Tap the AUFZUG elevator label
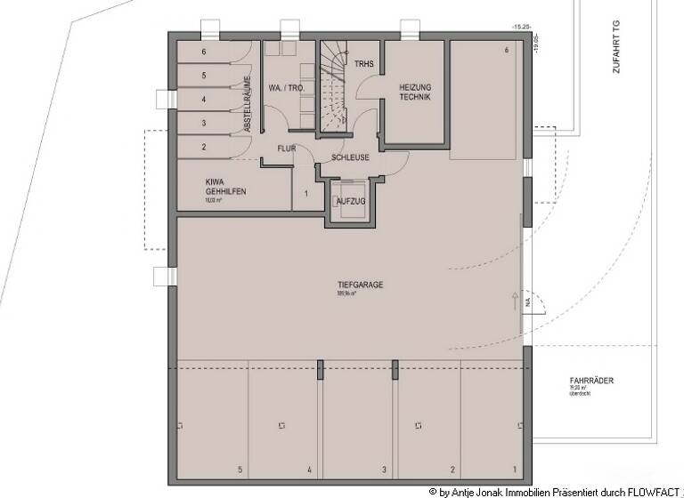[x=349, y=202]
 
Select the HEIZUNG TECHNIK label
[x=415, y=92]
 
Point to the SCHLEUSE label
[x=350, y=157]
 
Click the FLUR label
[x=286, y=149]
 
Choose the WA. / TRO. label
[x=287, y=88]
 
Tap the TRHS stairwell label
[x=363, y=64]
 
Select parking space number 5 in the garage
[x=239, y=469]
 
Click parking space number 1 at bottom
[x=514, y=469]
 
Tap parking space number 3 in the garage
[x=384, y=469]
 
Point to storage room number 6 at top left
[x=203, y=52]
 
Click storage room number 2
[x=203, y=147]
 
